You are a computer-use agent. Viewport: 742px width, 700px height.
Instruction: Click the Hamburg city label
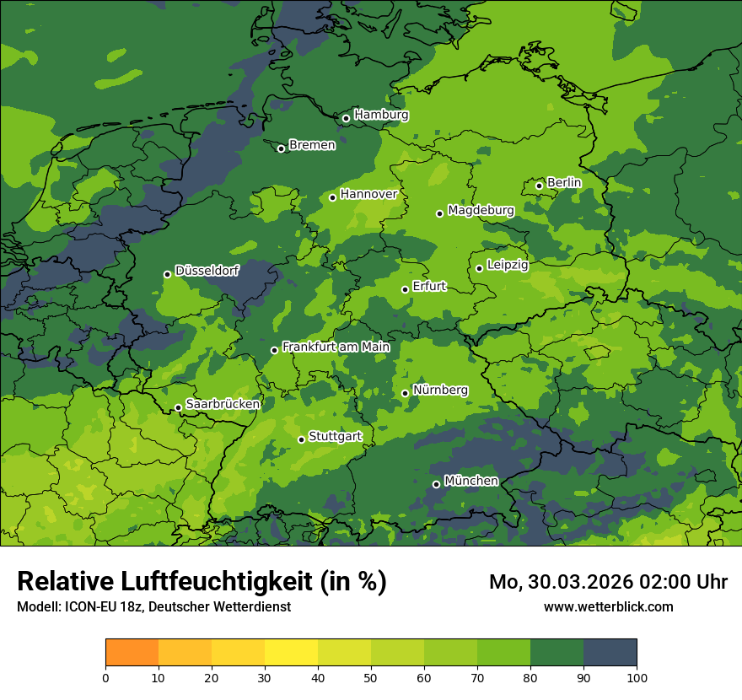click(381, 115)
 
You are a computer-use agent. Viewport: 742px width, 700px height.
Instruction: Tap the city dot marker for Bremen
click(281, 148)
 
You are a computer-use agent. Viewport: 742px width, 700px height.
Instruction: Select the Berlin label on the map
click(564, 182)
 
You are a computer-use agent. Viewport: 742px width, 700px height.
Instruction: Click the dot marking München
click(436, 484)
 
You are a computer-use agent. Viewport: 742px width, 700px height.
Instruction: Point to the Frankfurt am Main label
click(336, 347)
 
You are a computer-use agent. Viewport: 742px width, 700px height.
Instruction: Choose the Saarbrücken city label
click(223, 404)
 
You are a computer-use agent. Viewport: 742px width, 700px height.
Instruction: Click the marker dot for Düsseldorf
click(167, 274)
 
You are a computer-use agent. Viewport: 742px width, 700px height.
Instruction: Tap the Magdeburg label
click(481, 210)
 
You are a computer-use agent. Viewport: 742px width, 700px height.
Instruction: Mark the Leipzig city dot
click(479, 268)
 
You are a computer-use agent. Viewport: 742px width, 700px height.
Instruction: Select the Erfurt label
click(429, 287)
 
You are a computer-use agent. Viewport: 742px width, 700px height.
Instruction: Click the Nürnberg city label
click(440, 390)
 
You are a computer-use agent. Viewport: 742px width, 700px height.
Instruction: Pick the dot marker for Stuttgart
click(301, 439)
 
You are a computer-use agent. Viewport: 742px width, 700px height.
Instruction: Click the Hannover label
click(368, 194)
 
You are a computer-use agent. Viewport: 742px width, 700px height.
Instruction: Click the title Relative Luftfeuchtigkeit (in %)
click(202, 582)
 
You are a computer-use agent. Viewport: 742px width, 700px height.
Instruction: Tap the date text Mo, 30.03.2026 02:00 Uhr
click(608, 582)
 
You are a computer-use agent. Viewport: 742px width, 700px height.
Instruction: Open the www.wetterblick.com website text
click(608, 606)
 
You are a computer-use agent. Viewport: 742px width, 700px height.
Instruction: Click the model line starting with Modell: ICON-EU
click(153, 607)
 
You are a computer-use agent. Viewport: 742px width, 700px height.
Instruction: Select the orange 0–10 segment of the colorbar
click(132, 653)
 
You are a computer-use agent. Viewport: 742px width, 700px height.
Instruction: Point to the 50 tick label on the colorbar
click(371, 677)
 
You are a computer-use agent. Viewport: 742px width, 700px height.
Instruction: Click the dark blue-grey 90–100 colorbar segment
click(610, 653)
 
